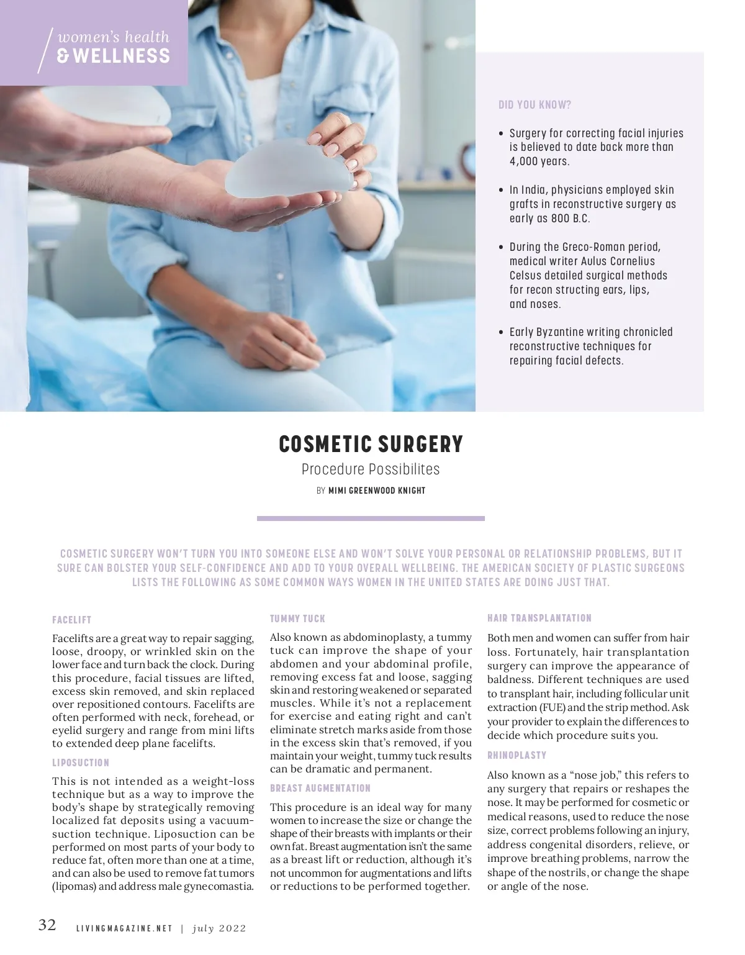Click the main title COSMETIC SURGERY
(371, 445)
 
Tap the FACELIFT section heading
(72, 620)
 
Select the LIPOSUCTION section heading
(81, 763)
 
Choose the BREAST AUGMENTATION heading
(320, 788)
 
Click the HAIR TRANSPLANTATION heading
(540, 618)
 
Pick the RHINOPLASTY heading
(517, 755)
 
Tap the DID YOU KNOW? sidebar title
(535, 105)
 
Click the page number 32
(47, 925)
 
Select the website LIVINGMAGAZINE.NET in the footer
(124, 929)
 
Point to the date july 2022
(219, 929)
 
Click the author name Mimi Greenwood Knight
(377, 491)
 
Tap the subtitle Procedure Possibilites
(371, 469)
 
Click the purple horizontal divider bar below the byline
(371, 518)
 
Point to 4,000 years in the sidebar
(538, 161)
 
